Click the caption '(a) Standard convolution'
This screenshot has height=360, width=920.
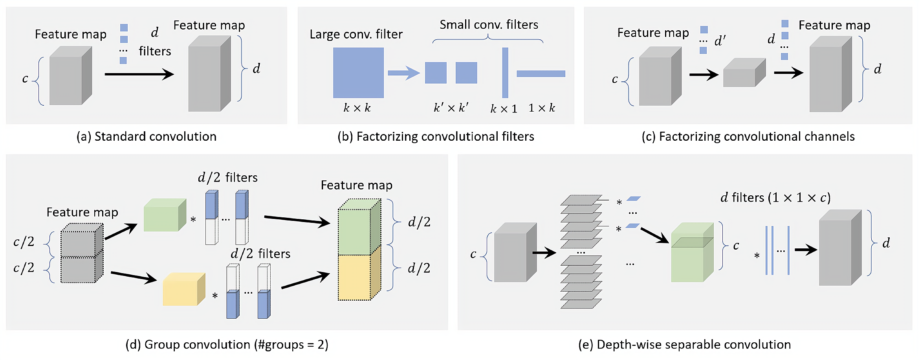click(x=146, y=136)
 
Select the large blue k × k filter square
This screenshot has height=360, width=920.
click(x=358, y=73)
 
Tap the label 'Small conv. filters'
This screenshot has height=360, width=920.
click(x=489, y=25)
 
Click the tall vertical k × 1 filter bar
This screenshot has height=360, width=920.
click(x=505, y=73)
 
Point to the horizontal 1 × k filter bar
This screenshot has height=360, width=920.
click(x=541, y=73)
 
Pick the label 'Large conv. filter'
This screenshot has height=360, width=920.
click(x=356, y=34)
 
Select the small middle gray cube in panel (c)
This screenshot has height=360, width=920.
click(x=744, y=73)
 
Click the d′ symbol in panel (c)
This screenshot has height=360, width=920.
click(x=720, y=41)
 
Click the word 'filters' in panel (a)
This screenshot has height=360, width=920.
click(x=155, y=51)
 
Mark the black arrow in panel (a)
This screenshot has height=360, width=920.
click(x=139, y=74)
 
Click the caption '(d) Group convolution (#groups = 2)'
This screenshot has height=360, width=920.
click(x=227, y=344)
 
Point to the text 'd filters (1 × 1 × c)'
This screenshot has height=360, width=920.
click(x=775, y=197)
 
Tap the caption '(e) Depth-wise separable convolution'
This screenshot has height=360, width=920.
click(x=684, y=344)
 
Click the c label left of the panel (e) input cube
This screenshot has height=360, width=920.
click(x=473, y=254)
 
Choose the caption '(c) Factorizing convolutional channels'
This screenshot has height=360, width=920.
click(x=748, y=136)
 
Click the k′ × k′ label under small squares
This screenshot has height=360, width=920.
click(x=451, y=108)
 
